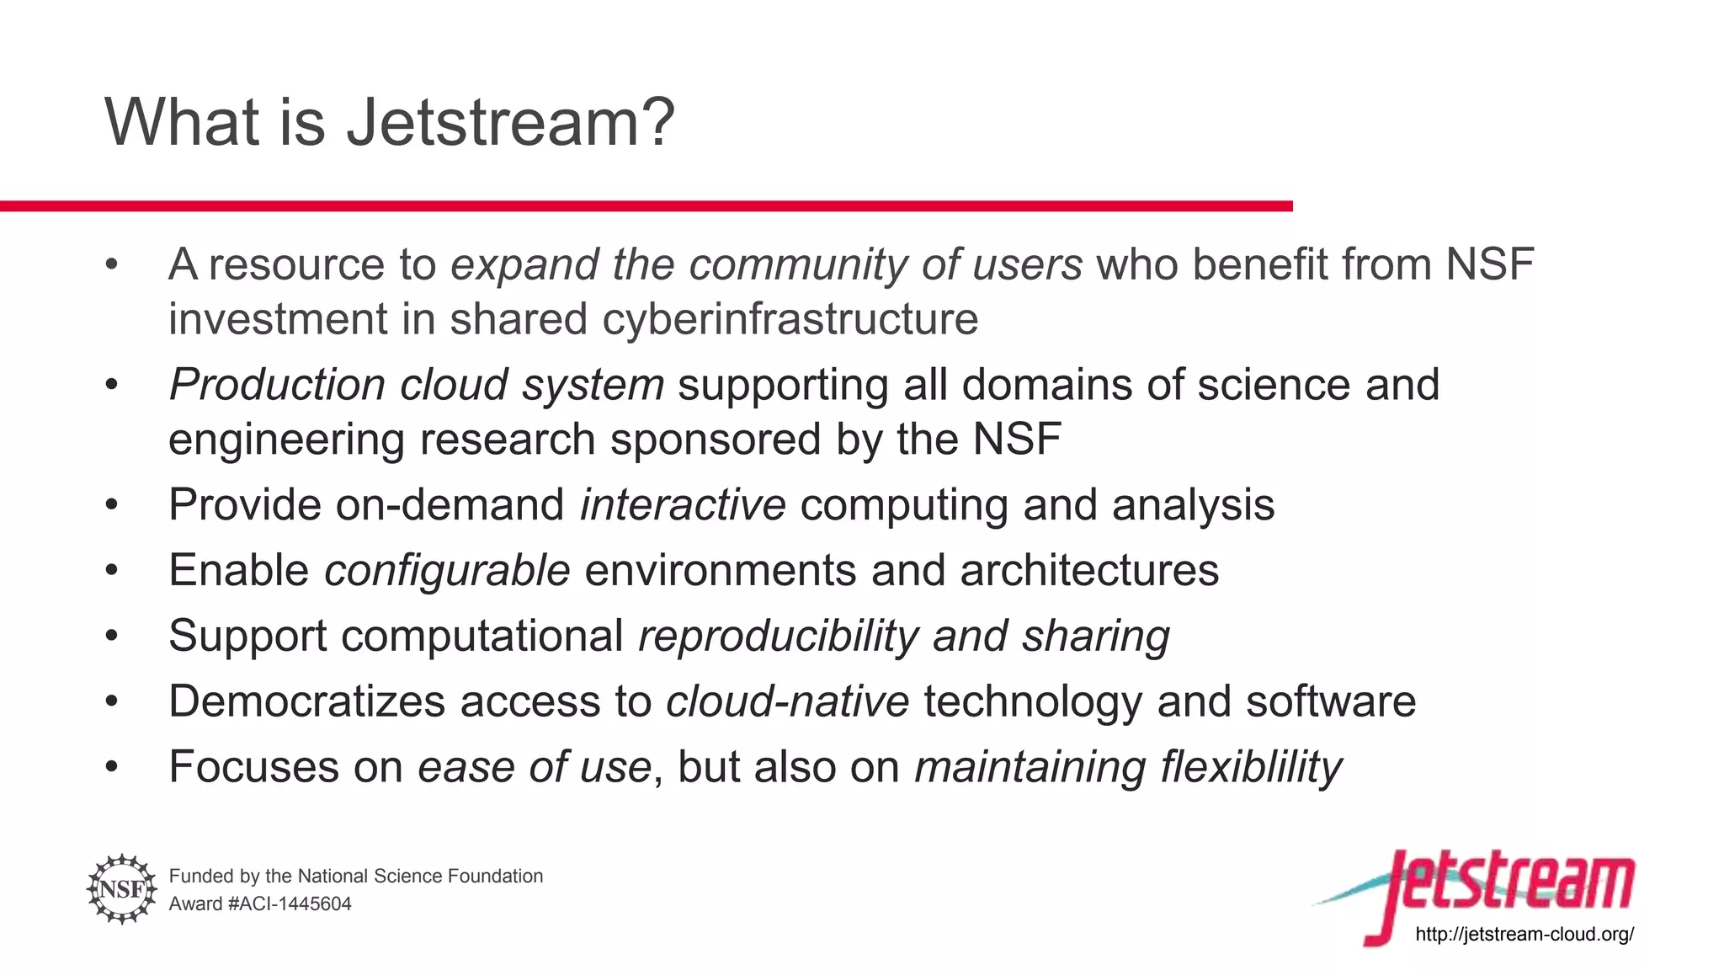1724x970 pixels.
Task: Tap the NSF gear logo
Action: (x=122, y=889)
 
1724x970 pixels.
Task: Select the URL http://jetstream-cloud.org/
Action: (x=1524, y=934)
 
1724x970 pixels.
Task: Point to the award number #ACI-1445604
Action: (x=290, y=904)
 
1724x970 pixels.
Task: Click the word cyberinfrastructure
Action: (x=790, y=320)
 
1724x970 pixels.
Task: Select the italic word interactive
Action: (x=683, y=505)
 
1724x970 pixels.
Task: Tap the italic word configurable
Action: (x=447, y=571)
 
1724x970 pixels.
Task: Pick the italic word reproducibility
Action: (x=778, y=637)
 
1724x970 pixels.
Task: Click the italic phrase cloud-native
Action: (x=787, y=701)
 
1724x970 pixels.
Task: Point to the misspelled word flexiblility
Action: (x=1251, y=767)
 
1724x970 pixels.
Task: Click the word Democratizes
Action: (x=306, y=701)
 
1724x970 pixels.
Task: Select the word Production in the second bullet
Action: (x=277, y=385)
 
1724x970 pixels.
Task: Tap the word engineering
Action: (x=286, y=440)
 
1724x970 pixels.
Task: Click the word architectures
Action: (x=1089, y=571)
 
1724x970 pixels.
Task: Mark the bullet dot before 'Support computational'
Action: (x=112, y=637)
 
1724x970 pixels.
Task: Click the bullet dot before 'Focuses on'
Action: (x=112, y=767)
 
